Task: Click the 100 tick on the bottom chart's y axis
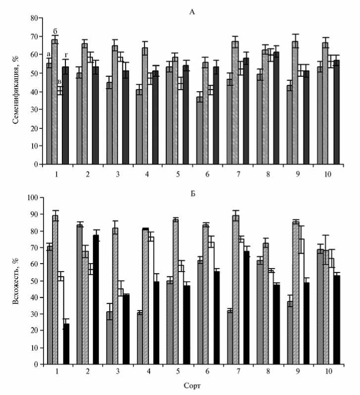coord(32,198)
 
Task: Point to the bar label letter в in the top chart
coord(59,82)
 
